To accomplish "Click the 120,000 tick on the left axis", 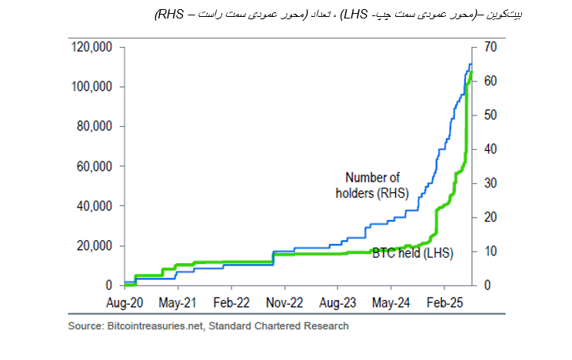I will (92, 48).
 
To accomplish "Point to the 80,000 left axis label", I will (95, 127).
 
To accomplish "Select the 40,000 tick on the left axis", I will (95, 206).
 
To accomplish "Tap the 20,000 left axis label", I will (95, 246).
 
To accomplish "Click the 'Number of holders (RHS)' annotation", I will (372, 185).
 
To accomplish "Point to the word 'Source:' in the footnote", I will (84, 326).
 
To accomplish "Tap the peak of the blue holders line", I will (471, 65).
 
